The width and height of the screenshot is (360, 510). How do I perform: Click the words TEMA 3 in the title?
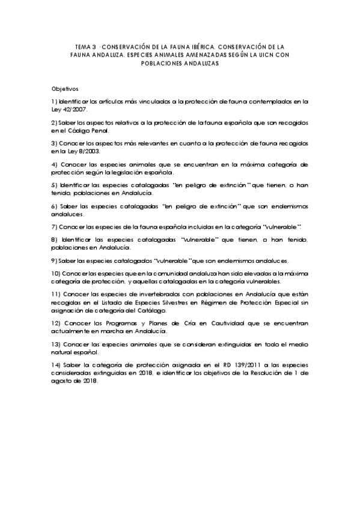click(85, 45)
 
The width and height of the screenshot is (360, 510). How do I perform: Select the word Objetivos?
click(65, 88)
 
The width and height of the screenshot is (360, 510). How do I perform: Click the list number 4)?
click(55, 164)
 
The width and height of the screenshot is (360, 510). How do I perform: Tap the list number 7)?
click(55, 226)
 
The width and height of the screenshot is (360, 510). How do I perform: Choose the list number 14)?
click(56, 365)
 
